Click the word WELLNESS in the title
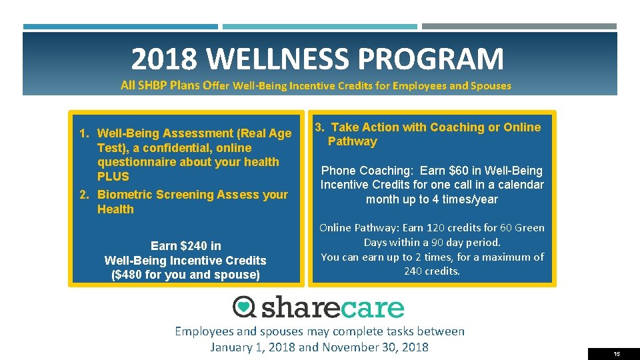pos(279,59)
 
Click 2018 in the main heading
pos(164,59)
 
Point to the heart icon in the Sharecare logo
pos(245,307)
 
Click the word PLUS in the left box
pos(113,177)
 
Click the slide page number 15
pos(617,354)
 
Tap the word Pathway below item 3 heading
pos(352,141)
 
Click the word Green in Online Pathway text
pos(529,228)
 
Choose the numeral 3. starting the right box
pos(320,127)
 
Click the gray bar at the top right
pos(519,27)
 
